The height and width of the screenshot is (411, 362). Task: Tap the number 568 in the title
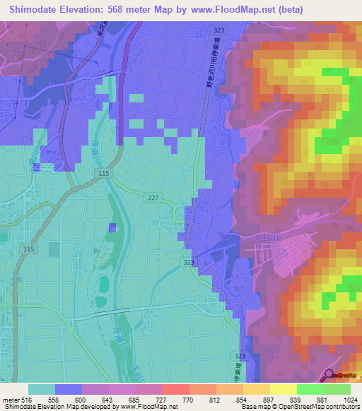point(127,9)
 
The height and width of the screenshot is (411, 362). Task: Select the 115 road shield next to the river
point(86,174)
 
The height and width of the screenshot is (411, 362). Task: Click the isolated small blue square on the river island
point(112,227)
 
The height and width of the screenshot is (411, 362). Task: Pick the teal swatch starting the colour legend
point(42,389)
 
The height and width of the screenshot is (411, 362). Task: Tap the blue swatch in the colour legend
point(69,389)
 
